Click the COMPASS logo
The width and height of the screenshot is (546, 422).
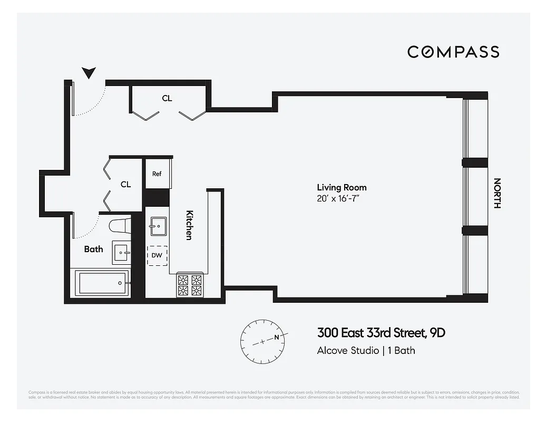tap(453, 52)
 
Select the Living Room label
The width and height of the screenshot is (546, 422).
tap(342, 187)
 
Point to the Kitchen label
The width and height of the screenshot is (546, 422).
tap(189, 225)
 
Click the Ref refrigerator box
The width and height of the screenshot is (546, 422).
tap(157, 174)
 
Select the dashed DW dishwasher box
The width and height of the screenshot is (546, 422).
tap(157, 256)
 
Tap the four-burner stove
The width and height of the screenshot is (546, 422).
tap(190, 285)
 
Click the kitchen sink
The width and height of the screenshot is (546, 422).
tap(157, 226)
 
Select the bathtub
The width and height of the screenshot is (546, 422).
tap(102, 283)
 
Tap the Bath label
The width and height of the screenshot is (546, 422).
tap(93, 249)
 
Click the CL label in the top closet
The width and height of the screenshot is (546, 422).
tap(167, 98)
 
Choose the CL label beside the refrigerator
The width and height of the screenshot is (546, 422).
tap(125, 184)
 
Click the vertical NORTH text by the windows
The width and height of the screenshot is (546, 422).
tap(496, 193)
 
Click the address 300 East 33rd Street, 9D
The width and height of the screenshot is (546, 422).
tap(377, 333)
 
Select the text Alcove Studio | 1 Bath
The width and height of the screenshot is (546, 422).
tap(366, 350)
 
